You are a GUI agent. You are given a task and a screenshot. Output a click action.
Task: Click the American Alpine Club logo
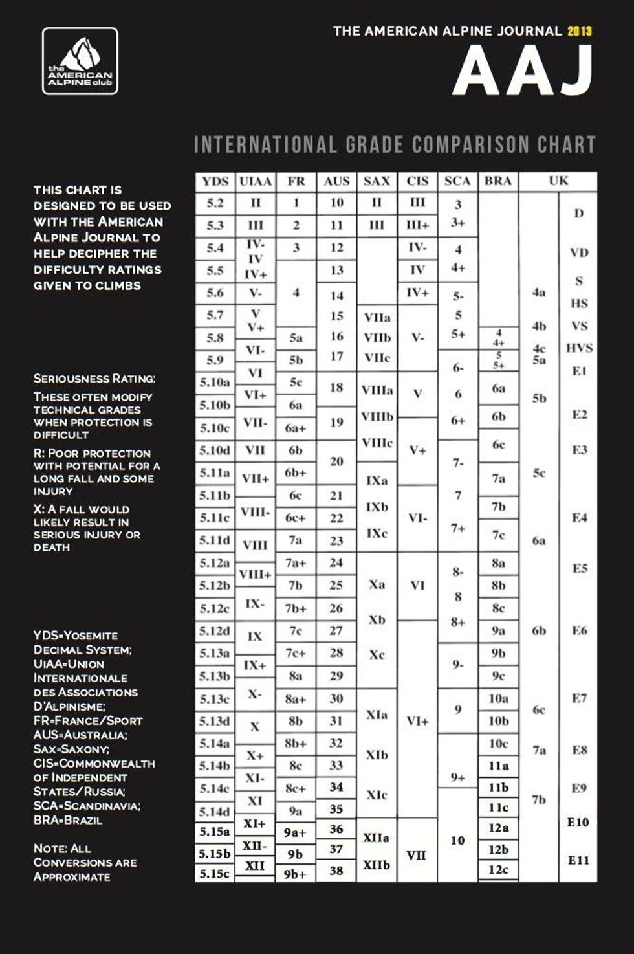tap(80, 61)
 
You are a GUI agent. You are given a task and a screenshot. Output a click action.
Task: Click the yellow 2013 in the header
tap(580, 30)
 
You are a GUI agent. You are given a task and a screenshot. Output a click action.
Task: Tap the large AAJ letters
tap(523, 72)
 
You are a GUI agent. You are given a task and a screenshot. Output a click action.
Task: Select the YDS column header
tap(215, 181)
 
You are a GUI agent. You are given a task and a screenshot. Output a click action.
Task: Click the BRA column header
tap(497, 181)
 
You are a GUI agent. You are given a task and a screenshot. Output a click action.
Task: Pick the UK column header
tap(558, 181)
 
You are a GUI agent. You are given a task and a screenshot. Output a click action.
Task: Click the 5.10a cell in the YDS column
tap(215, 383)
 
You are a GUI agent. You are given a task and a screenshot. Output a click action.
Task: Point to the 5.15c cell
tap(215, 874)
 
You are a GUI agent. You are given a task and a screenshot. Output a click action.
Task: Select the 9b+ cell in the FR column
tap(295, 874)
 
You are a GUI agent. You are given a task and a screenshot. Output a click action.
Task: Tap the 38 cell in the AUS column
tap(336, 871)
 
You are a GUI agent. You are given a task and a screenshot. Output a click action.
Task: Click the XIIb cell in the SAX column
tap(377, 865)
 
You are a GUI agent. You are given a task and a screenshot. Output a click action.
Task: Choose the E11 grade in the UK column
tap(578, 860)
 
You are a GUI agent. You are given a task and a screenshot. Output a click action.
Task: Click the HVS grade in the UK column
tap(579, 348)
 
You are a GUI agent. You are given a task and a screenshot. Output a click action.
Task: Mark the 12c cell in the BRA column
tap(498, 870)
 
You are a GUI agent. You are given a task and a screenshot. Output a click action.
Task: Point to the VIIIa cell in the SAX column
tap(377, 390)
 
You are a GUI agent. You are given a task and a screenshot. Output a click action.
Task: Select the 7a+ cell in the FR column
tap(296, 563)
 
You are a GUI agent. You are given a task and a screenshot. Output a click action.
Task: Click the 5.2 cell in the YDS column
tap(215, 203)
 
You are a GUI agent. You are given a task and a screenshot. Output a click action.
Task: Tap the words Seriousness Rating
tap(94, 379)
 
